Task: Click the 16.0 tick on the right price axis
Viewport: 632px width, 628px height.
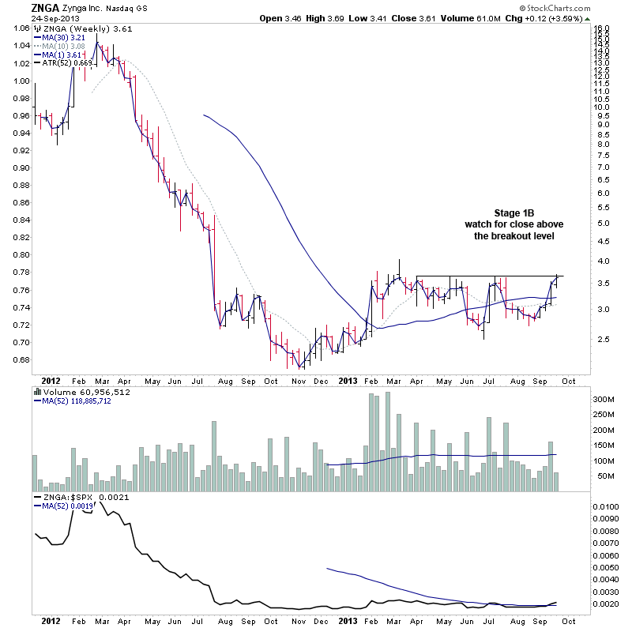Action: (602, 28)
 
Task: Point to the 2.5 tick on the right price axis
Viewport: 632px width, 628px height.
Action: (602, 339)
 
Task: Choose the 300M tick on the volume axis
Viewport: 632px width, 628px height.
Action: (605, 400)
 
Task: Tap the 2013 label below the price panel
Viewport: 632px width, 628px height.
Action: (349, 379)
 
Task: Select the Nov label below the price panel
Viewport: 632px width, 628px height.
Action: (298, 379)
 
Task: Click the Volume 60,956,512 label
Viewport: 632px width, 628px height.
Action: (87, 392)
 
